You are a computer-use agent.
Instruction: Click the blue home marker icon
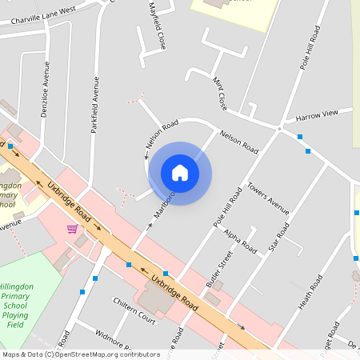180,173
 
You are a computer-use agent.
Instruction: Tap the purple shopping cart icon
72,229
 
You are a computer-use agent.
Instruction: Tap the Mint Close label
220,92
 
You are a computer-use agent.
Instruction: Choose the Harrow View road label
318,117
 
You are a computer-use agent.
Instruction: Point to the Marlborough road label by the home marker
162,205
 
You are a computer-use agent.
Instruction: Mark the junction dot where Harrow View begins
279,128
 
